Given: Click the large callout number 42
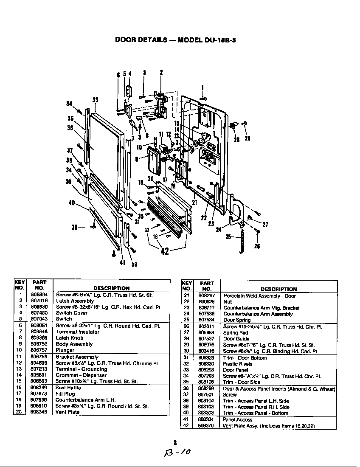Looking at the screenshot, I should pyautogui.click(x=165, y=250).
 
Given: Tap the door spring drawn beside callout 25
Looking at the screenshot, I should pyautogui.click(x=242, y=241).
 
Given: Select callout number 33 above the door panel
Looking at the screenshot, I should pyautogui.click(x=96, y=100).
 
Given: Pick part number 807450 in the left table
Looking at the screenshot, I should pyautogui.click(x=39, y=313).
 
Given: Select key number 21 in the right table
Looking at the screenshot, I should pyautogui.click(x=186, y=296).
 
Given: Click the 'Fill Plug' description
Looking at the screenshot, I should pyautogui.click(x=65, y=394).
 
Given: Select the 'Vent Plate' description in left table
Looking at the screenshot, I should pyautogui.click(x=67, y=412).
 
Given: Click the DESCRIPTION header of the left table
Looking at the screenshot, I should pyautogui.click(x=111, y=288).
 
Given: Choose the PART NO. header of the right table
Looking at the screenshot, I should pyautogui.click(x=207, y=286).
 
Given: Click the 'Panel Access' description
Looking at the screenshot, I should pyautogui.click(x=237, y=419).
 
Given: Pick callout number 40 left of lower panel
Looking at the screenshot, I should pyautogui.click(x=72, y=203).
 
